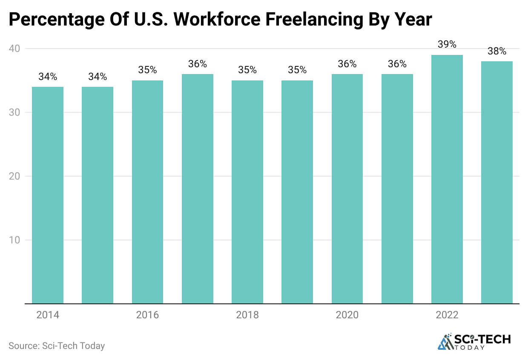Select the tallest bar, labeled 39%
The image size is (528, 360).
(447, 179)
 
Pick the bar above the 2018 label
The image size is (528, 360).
(247, 192)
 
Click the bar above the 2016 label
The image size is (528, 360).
(147, 192)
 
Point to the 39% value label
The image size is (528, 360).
(447, 45)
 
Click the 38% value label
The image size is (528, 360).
(497, 51)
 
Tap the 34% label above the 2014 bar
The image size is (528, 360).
(48, 77)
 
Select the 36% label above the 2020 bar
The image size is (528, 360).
(347, 64)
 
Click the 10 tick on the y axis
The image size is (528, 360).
(15, 240)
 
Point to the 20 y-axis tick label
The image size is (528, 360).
(15, 176)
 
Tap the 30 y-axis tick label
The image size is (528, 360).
(15, 112)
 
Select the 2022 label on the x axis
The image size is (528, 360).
(447, 315)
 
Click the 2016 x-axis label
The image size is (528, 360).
(147, 315)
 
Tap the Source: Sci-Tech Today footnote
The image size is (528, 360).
(57, 346)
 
